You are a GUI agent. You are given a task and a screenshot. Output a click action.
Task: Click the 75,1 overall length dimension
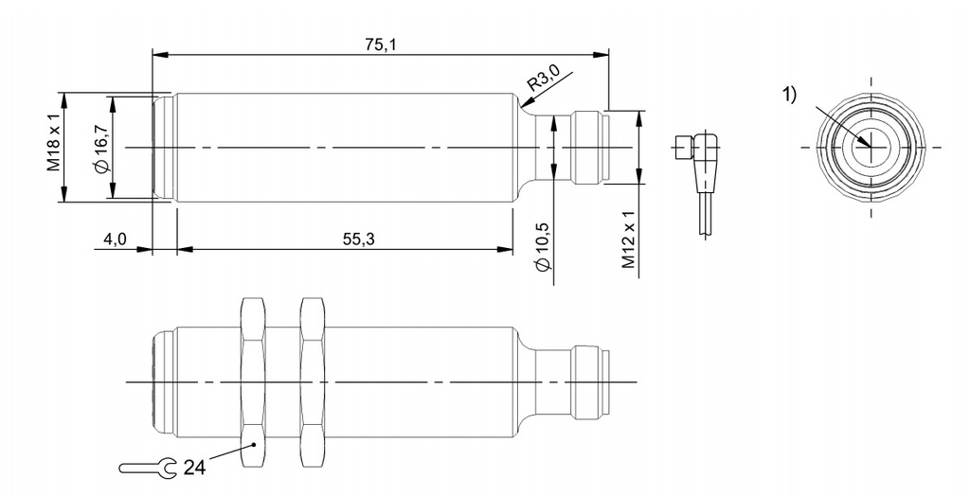(379, 44)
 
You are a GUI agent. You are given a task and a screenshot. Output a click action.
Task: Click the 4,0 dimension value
(116, 239)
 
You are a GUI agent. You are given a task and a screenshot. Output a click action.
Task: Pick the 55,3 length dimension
(358, 239)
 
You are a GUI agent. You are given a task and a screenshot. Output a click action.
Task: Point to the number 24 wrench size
(193, 467)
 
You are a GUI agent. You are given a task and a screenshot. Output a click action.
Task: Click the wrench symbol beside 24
(148, 466)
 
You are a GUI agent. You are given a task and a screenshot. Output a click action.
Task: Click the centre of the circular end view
(870, 148)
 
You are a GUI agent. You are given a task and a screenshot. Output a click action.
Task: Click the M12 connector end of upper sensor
(588, 148)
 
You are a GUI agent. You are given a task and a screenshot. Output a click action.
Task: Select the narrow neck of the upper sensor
(546, 148)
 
